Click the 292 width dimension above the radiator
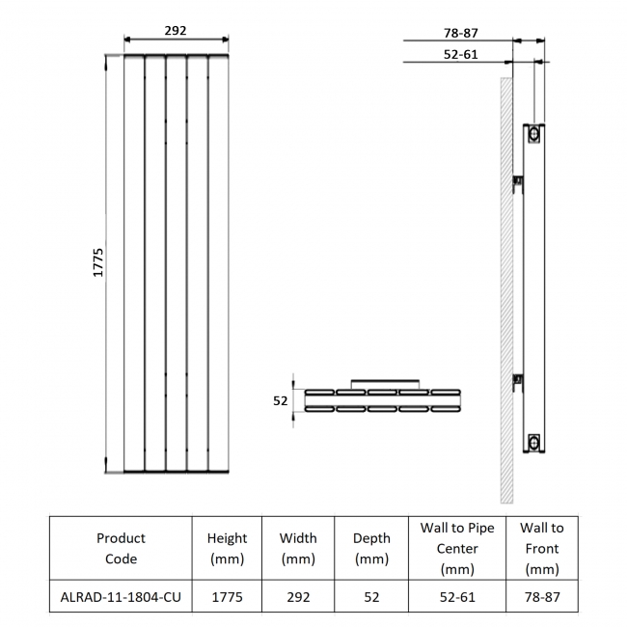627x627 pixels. pos(175,30)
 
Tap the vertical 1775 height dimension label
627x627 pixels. pos(97,262)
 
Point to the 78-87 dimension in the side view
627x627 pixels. pos(460,32)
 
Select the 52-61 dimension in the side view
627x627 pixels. pos(460,54)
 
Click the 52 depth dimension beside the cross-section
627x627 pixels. pos(281,400)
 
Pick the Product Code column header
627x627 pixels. pos(122,548)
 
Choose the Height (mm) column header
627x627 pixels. pos(228,548)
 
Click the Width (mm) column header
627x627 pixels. pos(298,548)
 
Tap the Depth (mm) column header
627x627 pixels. pos(371,548)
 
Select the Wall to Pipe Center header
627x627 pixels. pos(457,548)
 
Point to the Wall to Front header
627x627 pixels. pos(541,548)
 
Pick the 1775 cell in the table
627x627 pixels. pos(228,597)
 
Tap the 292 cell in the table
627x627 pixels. pos(298,597)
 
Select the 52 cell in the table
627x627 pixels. pos(371,597)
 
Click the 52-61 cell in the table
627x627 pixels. pos(457,597)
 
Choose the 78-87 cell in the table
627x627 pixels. pos(541,597)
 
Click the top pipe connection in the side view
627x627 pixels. pos(532,136)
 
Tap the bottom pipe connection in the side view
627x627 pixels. pos(532,443)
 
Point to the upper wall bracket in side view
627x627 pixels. pos(517,180)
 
